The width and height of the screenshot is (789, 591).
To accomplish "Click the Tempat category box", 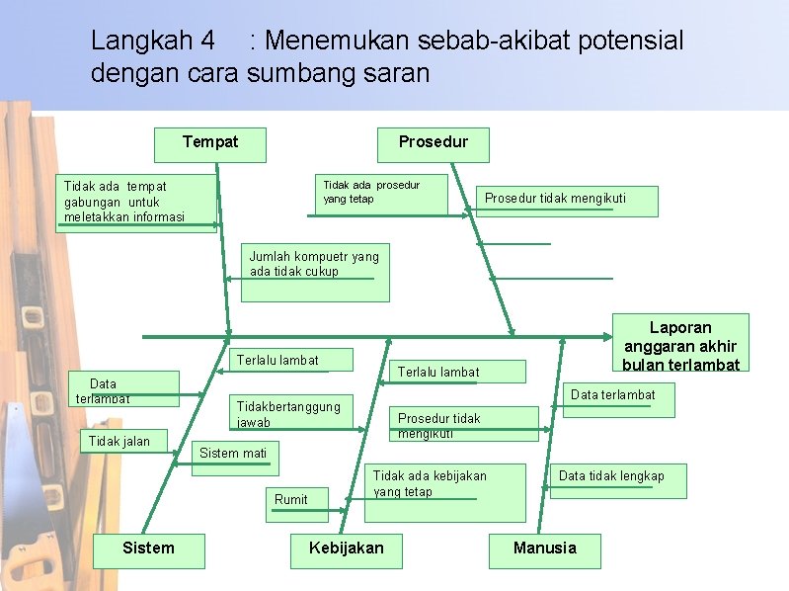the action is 210,142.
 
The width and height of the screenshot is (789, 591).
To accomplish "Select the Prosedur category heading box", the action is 433,142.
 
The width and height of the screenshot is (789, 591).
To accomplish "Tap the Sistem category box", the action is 148,549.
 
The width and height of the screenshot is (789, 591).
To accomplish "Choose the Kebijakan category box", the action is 346,549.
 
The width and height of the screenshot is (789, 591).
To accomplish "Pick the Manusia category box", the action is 544,549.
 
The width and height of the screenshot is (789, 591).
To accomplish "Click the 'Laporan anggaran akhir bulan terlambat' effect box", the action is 680,344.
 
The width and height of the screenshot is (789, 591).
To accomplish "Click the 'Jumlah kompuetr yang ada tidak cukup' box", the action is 315,271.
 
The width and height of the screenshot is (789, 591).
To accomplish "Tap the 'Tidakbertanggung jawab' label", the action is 287,414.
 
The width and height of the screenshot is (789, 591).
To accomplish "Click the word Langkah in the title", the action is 152,42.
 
